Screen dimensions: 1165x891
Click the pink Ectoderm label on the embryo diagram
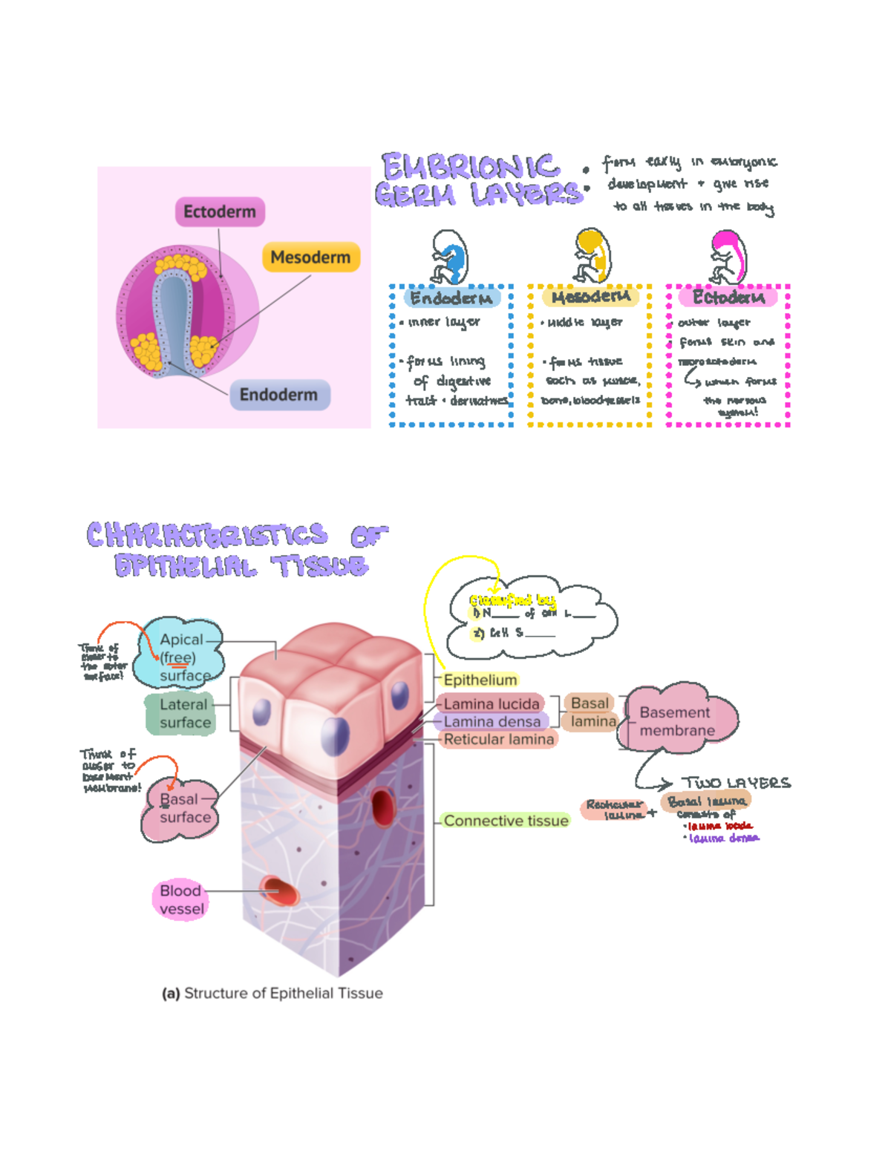(220, 211)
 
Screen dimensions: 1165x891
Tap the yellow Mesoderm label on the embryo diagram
(310, 257)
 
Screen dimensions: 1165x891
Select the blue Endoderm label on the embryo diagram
(278, 395)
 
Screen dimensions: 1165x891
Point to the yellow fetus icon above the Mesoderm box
(592, 255)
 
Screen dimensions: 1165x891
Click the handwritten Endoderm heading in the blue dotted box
(451, 298)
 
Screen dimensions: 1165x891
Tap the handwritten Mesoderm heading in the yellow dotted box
(591, 297)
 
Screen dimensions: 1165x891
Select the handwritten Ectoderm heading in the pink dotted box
(728, 298)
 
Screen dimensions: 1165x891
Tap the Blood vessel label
(181, 899)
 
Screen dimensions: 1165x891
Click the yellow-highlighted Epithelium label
(480, 680)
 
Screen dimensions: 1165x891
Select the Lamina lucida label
(491, 703)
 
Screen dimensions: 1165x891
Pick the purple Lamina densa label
(492, 721)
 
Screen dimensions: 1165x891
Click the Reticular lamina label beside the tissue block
(498, 739)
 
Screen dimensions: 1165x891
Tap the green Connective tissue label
(506, 821)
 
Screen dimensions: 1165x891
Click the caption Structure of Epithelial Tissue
(272, 993)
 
